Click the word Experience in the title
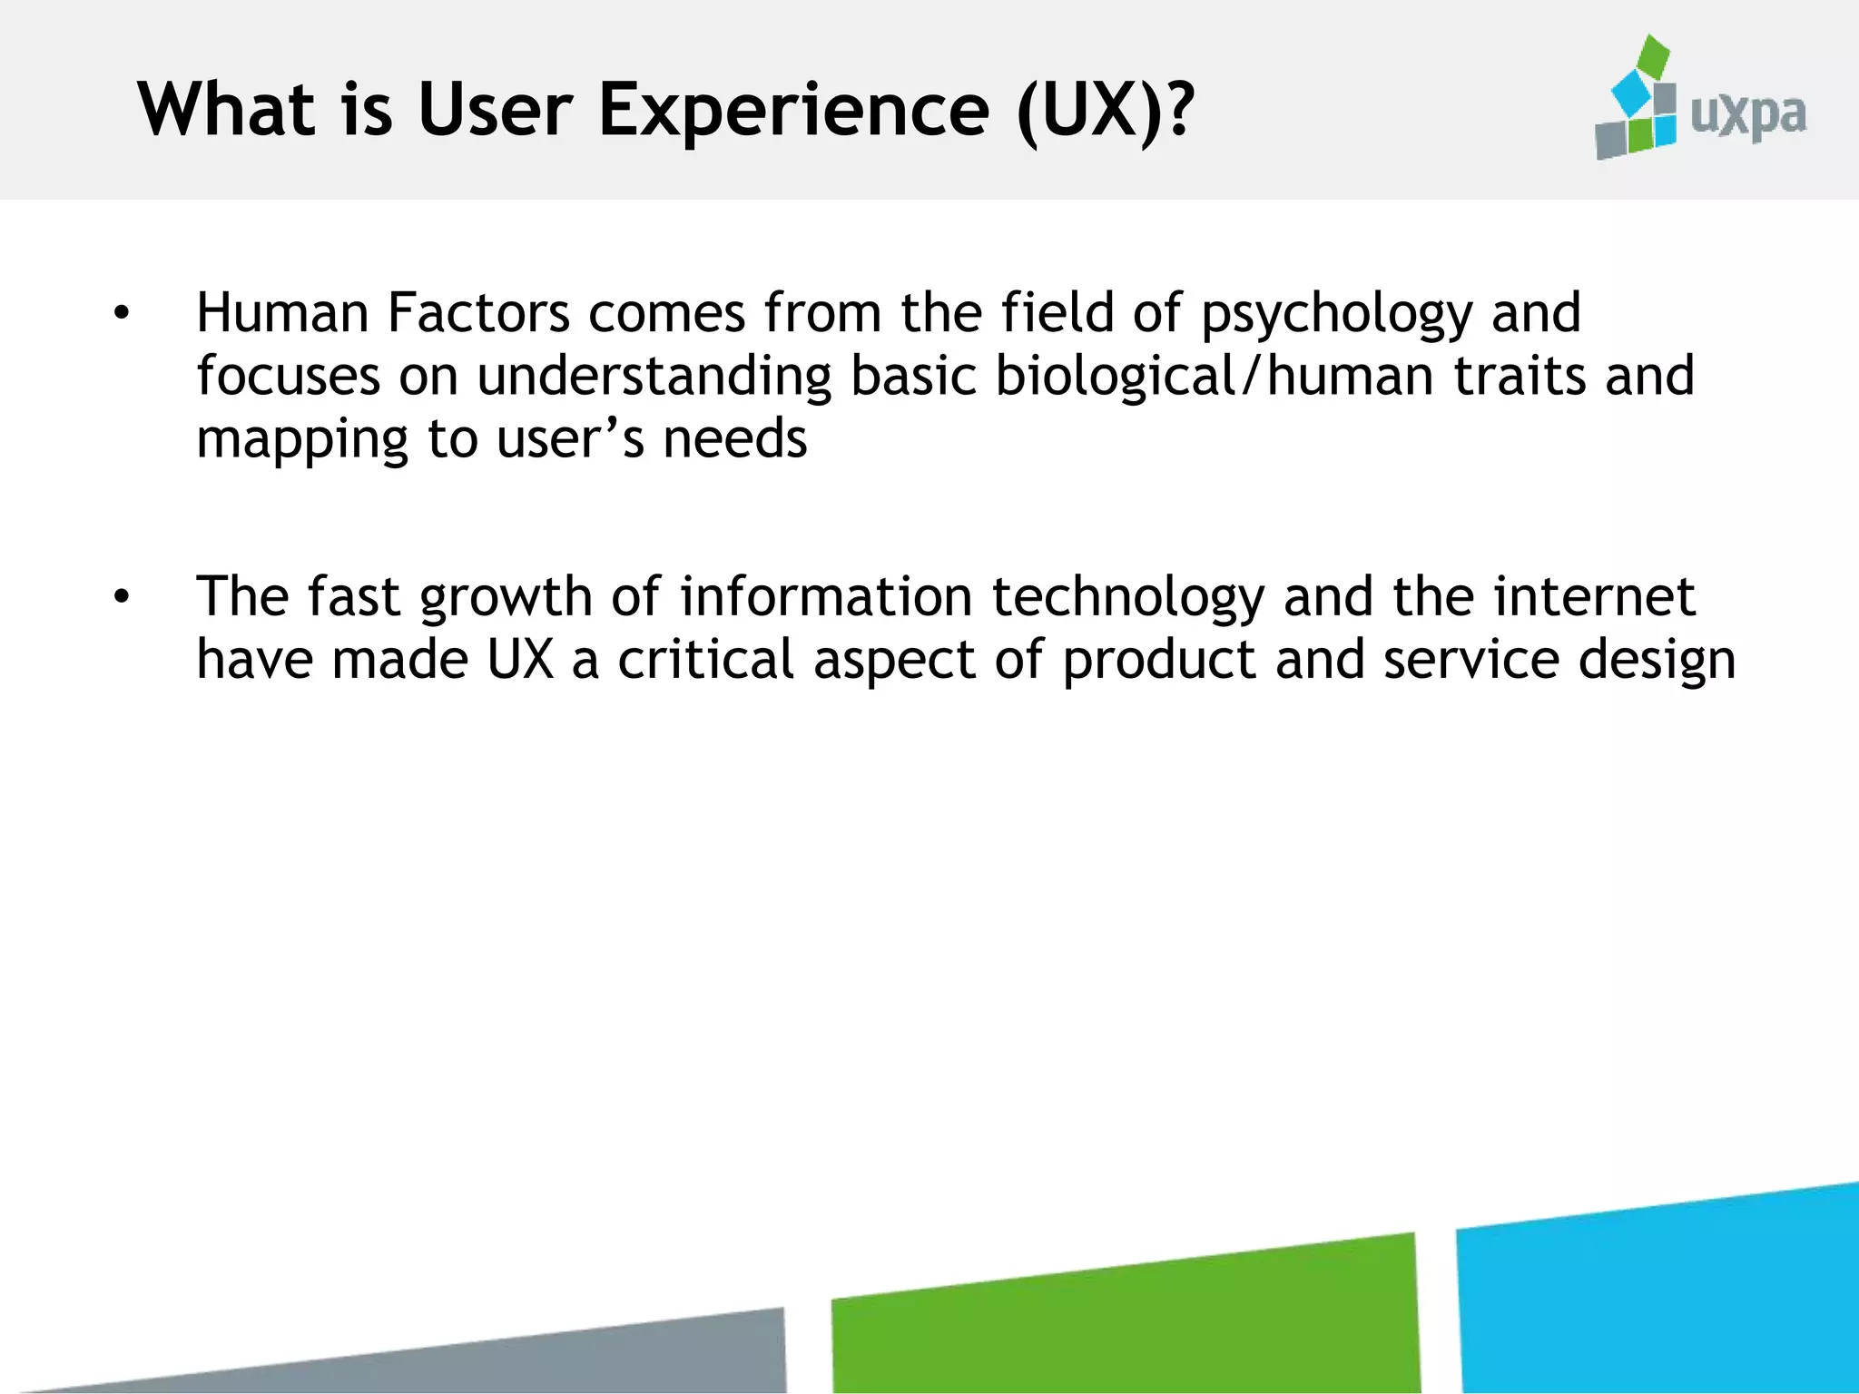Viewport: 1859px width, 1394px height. [x=793, y=111]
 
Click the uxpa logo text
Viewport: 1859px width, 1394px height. [x=1747, y=116]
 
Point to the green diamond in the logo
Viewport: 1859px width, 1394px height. [x=1652, y=56]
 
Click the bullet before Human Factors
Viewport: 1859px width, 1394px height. [x=122, y=314]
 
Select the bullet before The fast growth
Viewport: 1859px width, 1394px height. [x=122, y=597]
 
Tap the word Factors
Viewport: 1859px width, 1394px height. [x=478, y=313]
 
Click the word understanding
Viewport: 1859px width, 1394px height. [x=654, y=377]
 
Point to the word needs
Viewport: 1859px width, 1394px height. [x=734, y=440]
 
